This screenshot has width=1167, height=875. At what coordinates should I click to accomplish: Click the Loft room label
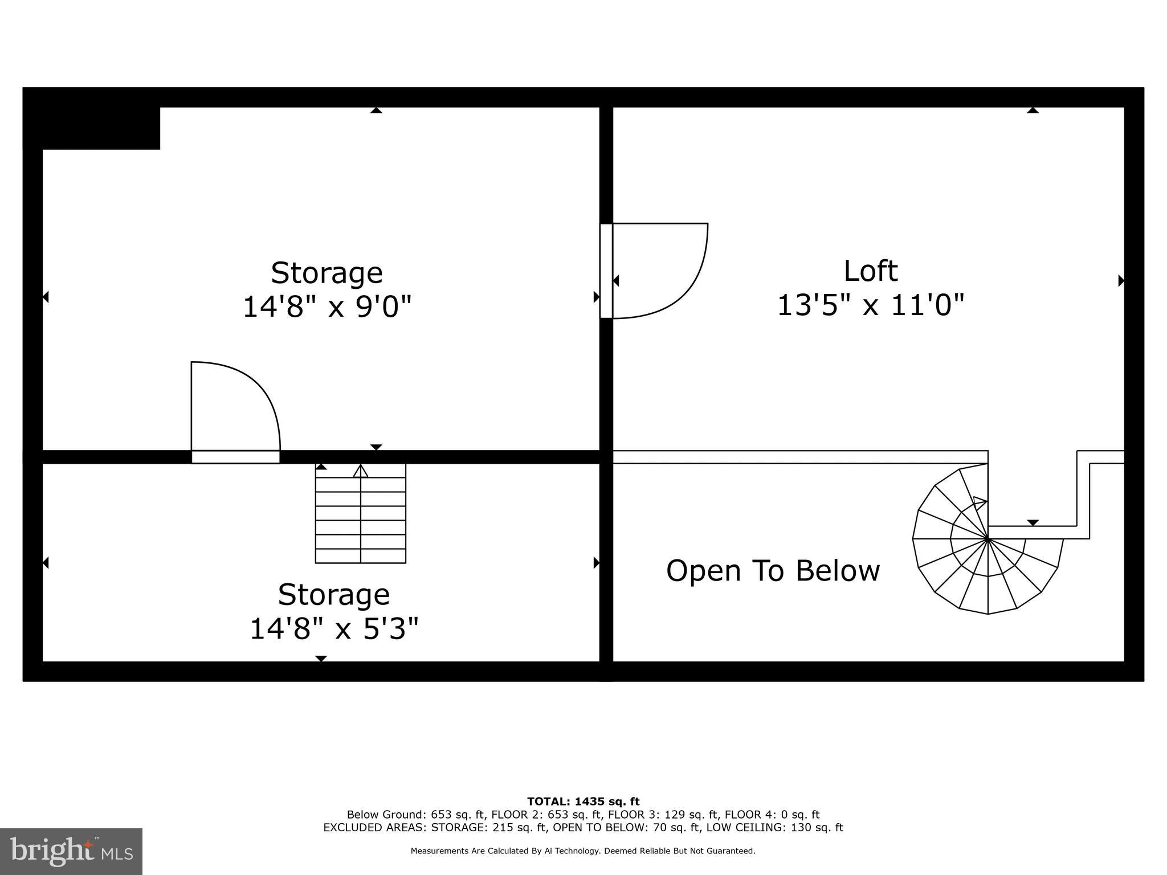[x=870, y=271]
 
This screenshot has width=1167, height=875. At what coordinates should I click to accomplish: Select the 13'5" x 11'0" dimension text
[x=870, y=305]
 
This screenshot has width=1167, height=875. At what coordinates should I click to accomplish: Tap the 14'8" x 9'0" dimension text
[x=327, y=307]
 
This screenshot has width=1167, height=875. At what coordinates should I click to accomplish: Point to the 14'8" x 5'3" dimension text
[x=334, y=629]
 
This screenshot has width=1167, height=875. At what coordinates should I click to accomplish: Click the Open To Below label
[x=773, y=571]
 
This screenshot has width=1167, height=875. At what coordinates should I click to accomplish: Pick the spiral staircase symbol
[x=988, y=547]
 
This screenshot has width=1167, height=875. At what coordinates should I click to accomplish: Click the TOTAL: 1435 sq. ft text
[x=583, y=802]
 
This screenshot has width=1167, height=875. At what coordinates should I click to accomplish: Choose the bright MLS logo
[x=71, y=851]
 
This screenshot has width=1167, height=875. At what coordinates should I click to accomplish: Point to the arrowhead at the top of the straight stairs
[x=361, y=471]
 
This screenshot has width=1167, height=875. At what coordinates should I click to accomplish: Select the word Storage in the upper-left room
[x=327, y=273]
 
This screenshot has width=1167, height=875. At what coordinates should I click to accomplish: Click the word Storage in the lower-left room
[x=334, y=595]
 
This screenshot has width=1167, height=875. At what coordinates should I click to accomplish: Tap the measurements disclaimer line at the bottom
[x=583, y=851]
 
